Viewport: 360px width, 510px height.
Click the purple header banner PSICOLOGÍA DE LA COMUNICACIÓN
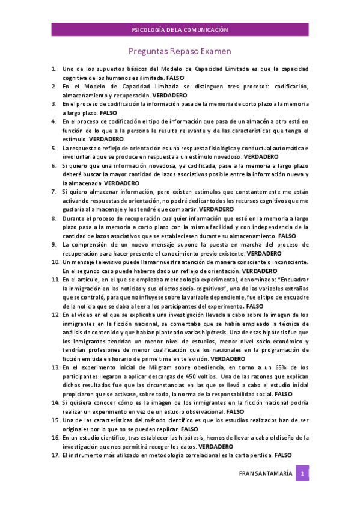(180, 29)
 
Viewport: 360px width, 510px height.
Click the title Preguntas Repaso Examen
(180, 52)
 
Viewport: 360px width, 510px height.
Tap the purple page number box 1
(304, 473)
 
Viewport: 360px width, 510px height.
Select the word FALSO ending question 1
(175, 78)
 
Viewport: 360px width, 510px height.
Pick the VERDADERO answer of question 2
(170, 96)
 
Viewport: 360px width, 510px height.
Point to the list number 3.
(53, 104)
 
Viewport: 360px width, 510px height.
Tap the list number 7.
(53, 191)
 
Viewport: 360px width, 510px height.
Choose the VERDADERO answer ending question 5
(261, 156)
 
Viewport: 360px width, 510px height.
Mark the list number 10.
(54, 262)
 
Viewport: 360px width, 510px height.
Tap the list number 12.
(54, 315)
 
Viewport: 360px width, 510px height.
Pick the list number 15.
(54, 420)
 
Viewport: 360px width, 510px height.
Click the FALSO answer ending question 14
(234, 411)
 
